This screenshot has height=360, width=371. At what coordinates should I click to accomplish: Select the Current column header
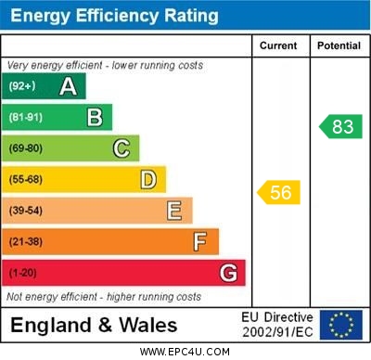(278, 45)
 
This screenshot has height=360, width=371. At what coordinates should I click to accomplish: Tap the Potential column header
(339, 45)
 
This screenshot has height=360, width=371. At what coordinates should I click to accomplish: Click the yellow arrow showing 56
(278, 192)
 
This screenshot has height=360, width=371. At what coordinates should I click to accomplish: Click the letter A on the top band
(68, 86)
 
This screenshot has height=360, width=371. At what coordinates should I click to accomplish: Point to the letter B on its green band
(95, 117)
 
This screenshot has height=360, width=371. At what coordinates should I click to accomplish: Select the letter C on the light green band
(122, 148)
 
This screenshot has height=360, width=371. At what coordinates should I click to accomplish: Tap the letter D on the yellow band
(148, 179)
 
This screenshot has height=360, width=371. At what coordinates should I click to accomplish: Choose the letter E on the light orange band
(174, 211)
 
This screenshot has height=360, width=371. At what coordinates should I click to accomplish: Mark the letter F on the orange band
(200, 241)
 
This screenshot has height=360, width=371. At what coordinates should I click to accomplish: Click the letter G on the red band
(228, 273)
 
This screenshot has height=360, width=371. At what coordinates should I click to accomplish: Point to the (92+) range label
(22, 86)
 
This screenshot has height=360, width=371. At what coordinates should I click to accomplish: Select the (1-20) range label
(24, 273)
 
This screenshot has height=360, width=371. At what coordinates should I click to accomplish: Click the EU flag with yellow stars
(341, 325)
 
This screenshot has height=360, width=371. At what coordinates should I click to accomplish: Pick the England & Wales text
(94, 325)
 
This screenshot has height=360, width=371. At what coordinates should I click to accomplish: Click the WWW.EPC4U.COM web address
(185, 352)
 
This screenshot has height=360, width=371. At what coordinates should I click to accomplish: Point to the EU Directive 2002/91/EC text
(277, 325)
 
